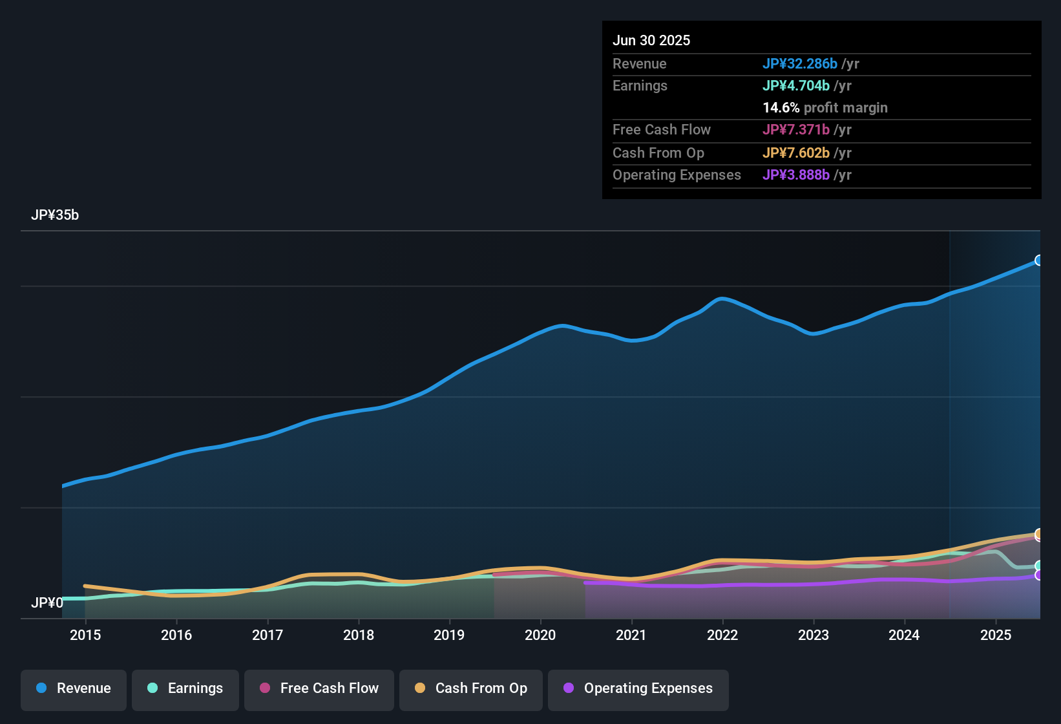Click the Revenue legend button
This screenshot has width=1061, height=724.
[x=73, y=688]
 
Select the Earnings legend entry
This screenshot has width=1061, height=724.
[x=185, y=688]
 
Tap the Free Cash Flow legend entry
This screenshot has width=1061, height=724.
[x=319, y=688]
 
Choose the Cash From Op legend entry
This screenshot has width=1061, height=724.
[x=470, y=688]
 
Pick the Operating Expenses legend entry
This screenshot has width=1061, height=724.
[x=638, y=688]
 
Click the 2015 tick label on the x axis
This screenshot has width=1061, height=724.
[x=85, y=635]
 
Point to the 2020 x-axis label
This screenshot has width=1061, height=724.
[x=540, y=635]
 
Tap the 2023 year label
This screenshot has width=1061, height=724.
[x=813, y=635]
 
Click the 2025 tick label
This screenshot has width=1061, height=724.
[x=995, y=635]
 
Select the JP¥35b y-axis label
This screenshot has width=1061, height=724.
[x=55, y=215]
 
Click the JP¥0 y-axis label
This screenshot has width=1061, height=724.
[x=47, y=602]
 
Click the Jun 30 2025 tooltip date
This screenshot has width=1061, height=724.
[x=651, y=40]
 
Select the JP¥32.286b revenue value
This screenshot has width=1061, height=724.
[x=799, y=63]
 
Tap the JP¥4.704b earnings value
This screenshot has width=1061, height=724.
[x=795, y=85]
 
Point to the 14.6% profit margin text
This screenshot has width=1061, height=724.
[x=825, y=107]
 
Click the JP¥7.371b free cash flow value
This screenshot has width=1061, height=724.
[x=795, y=129]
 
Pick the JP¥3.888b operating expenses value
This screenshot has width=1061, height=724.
[x=795, y=175]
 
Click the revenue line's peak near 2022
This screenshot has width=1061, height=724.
[x=722, y=299]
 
